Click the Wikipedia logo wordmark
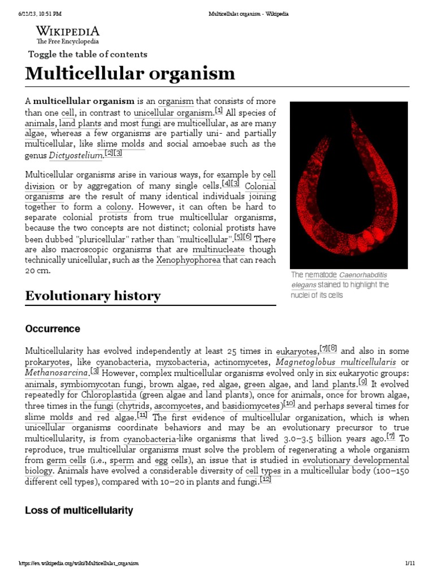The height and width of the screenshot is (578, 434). click(67, 32)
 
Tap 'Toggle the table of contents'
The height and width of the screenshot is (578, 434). click(88, 54)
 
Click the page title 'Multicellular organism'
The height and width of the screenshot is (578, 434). click(129, 73)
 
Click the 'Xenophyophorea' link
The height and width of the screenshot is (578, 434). click(188, 260)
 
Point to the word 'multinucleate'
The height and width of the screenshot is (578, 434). click(218, 249)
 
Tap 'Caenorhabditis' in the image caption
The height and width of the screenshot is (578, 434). click(363, 275)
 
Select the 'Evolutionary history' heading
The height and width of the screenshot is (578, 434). click(93, 296)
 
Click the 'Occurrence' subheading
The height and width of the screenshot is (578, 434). click(53, 329)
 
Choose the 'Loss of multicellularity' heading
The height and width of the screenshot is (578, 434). click(79, 510)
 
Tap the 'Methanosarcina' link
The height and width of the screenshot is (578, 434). click(56, 373)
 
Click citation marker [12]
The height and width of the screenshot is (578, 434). click(266, 480)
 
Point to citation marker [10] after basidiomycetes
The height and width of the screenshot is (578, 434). click(288, 405)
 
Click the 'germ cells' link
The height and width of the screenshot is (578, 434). click(61, 460)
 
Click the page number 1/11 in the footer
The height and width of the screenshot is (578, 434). click(410, 563)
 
